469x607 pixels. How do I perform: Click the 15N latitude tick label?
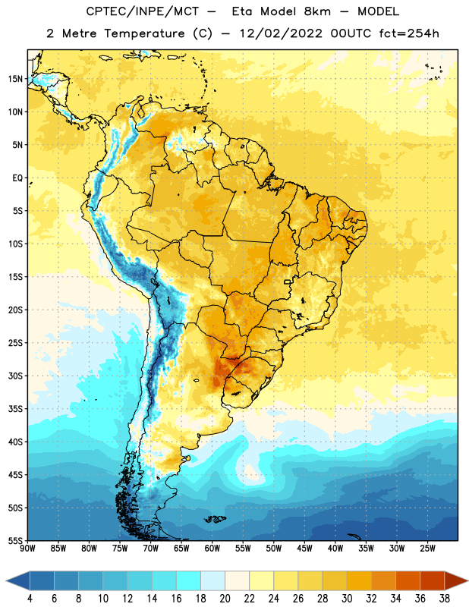click(15, 79)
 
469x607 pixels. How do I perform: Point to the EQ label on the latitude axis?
click(17, 178)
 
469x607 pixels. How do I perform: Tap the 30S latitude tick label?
click(15, 376)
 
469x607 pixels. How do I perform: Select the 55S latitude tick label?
click(15, 541)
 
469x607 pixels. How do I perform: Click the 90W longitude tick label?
click(27, 549)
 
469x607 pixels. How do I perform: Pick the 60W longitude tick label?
click(212, 549)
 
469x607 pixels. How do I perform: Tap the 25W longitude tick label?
click(427, 549)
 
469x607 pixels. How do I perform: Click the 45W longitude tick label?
click(304, 549)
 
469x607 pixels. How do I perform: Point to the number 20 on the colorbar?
click(225, 599)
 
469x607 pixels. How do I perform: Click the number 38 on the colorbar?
click(444, 599)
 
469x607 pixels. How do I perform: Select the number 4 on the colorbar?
click(30, 599)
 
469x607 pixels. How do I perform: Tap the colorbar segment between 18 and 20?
click(212, 580)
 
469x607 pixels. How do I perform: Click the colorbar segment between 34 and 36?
click(408, 580)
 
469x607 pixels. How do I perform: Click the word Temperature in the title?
click(144, 33)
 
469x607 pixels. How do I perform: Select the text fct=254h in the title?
click(409, 33)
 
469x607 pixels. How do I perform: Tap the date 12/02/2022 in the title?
click(281, 33)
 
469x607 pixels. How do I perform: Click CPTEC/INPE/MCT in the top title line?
click(142, 11)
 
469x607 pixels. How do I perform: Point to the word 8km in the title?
click(317, 11)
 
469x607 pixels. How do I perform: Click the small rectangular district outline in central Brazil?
click(288, 281)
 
